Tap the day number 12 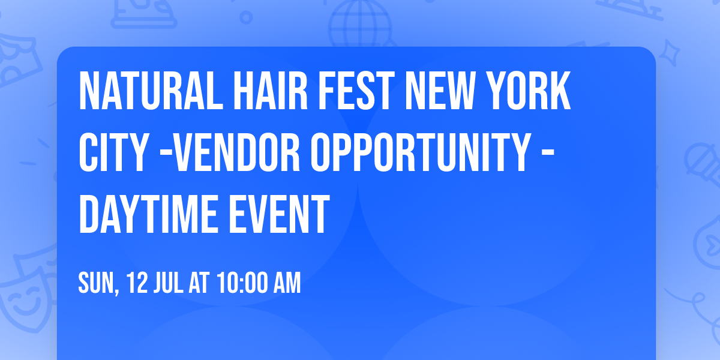tap(138, 283)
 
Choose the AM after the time tap(287, 283)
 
